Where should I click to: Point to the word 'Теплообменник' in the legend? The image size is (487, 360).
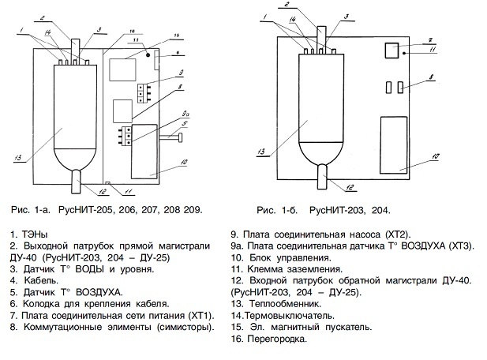[x=278, y=303]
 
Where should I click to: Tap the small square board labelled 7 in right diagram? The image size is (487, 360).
[x=390, y=51]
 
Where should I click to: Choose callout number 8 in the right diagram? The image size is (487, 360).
[x=429, y=77]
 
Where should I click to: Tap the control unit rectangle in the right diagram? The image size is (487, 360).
[x=393, y=143]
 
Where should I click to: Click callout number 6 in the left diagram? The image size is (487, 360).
[x=177, y=53]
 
